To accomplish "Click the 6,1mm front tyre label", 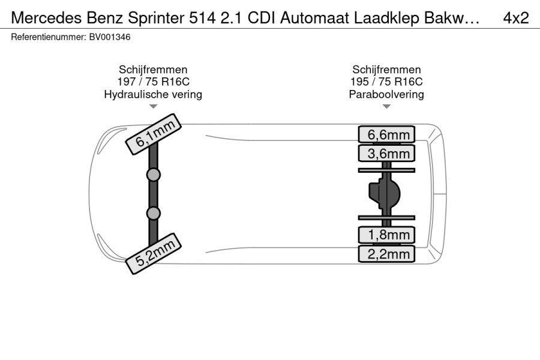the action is click(x=153, y=134).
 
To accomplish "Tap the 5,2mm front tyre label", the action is click(x=153, y=254).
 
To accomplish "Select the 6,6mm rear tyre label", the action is click(x=386, y=134).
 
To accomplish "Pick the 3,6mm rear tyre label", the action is click(x=386, y=154).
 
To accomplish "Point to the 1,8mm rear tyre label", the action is click(x=386, y=235).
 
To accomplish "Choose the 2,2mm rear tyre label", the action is click(x=386, y=254).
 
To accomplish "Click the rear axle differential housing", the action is click(x=385, y=194).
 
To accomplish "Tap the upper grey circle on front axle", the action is click(x=153, y=175).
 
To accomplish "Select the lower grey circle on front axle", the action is click(x=153, y=213).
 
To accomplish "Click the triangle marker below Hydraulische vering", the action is click(x=153, y=106).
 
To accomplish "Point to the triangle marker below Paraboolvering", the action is click(x=386, y=106).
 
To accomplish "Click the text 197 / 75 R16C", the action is click(x=153, y=82).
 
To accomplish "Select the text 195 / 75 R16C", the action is click(x=386, y=82).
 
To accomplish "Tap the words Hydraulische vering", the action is click(x=153, y=94).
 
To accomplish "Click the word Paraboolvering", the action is click(x=386, y=94).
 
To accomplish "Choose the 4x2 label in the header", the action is click(x=516, y=18).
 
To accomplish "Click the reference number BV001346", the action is click(x=110, y=37).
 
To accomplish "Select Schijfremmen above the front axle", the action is click(x=153, y=70).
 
